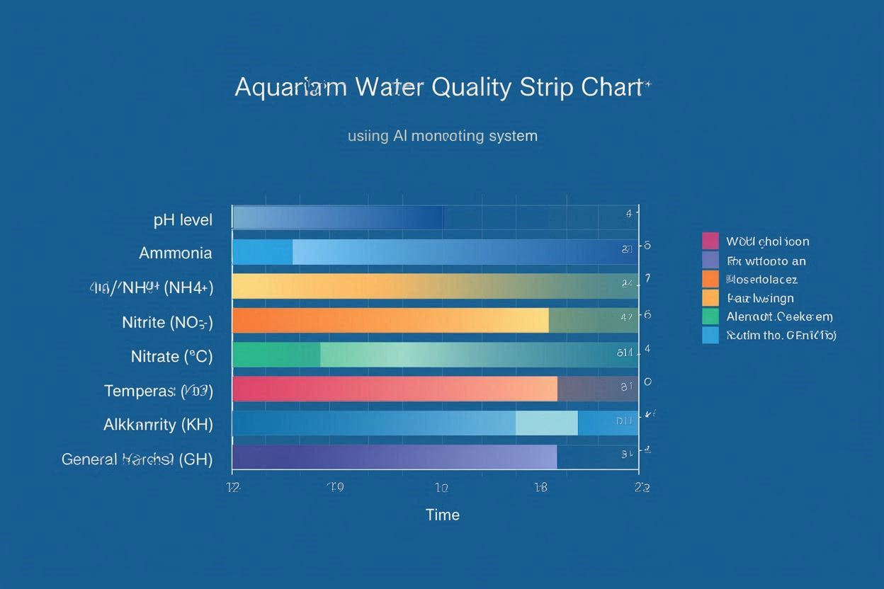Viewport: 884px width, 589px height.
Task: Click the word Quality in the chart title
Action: [470, 87]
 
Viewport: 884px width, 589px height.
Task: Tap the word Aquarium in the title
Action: [290, 87]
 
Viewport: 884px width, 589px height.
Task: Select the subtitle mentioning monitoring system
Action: [443, 135]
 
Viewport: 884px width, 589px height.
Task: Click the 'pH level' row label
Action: [183, 220]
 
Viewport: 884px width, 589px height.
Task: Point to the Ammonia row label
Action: [175, 253]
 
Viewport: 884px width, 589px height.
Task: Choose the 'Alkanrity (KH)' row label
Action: [158, 425]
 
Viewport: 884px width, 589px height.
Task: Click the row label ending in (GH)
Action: [137, 459]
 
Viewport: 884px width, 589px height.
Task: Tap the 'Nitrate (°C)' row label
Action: [171, 357]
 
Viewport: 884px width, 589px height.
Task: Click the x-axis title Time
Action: [443, 515]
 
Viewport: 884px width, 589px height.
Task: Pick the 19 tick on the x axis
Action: [336, 487]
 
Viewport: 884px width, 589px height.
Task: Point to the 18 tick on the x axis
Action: [540, 487]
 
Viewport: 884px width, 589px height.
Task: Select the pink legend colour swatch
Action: [710, 241]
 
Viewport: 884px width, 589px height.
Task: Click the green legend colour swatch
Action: [710, 316]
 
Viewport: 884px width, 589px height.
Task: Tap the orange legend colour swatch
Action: [710, 279]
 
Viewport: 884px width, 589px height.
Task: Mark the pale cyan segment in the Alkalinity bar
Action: [546, 423]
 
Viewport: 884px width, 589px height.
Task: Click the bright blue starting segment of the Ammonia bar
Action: [262, 252]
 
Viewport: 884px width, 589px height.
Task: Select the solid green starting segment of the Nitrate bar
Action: [276, 355]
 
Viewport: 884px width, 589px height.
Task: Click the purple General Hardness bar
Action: [394, 457]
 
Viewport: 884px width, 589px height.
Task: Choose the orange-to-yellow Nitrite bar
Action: [390, 320]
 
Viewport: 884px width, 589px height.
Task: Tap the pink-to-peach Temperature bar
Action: [394, 389]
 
